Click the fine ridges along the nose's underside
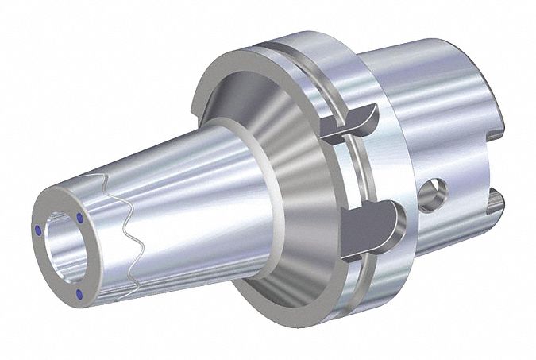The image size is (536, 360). pyautogui.click(x=159, y=278)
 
